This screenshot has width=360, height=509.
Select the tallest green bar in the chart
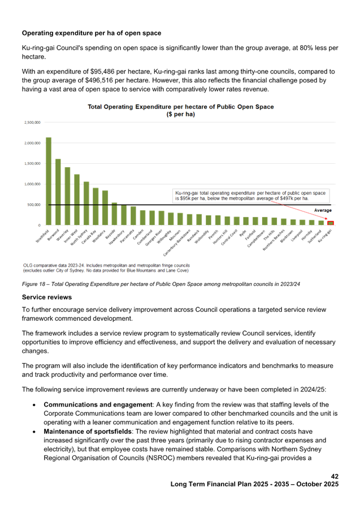[49, 181]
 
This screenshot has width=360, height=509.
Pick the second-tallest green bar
[58, 192]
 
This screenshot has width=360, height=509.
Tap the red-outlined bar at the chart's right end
[331, 223]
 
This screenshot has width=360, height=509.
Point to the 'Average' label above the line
[323, 210]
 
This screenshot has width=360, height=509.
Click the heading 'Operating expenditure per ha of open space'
[91, 33]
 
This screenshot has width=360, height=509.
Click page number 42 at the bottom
[335, 476]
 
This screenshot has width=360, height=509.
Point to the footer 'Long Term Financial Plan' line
[254, 484]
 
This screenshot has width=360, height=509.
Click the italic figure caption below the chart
[161, 284]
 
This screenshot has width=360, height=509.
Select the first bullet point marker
[35, 405]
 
